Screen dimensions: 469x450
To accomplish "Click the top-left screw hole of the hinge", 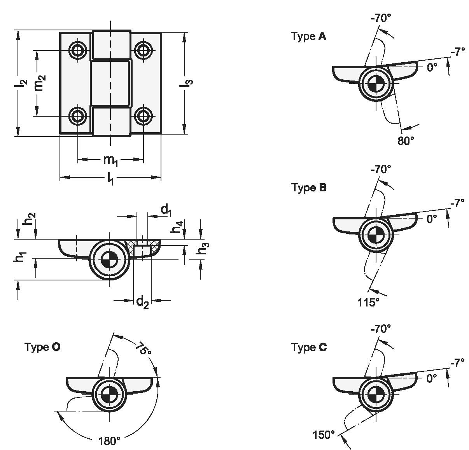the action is pyautogui.click(x=78, y=51).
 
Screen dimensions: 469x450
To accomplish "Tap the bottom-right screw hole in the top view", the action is pyautogui.click(x=143, y=116).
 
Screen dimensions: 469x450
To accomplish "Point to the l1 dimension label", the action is pyautogui.click(x=110, y=179).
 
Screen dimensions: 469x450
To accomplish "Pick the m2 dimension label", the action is pyautogui.click(x=40, y=83).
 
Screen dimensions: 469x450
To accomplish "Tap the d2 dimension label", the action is pyautogui.click(x=142, y=302).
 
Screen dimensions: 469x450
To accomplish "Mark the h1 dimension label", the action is pyautogui.click(x=20, y=257).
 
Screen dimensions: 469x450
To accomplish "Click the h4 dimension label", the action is pyautogui.click(x=177, y=227).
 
